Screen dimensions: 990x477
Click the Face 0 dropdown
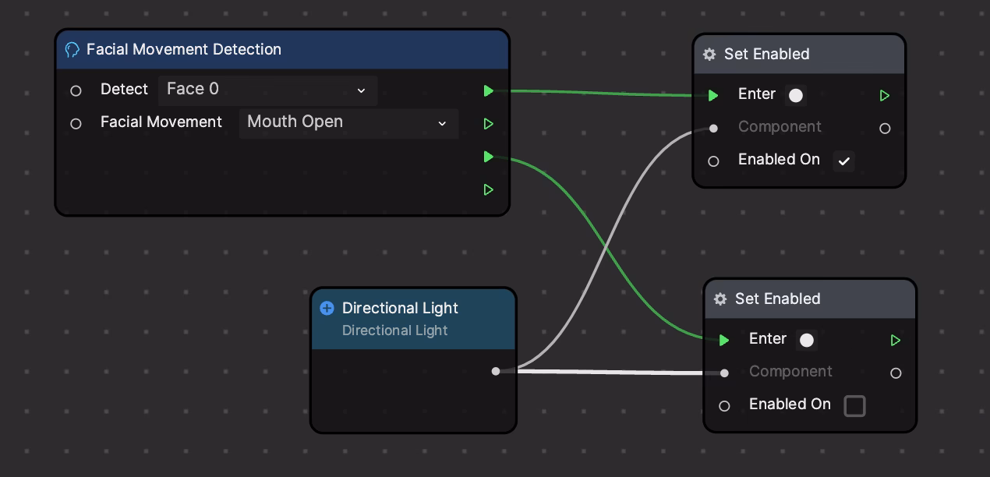267,90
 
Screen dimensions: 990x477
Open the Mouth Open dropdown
348,123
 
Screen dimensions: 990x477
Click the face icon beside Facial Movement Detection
72,50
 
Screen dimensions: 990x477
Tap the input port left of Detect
76,91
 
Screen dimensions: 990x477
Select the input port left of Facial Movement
76,124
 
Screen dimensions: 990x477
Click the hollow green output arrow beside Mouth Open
488,124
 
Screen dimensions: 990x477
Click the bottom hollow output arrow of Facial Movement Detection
488,189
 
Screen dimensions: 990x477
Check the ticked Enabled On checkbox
843,161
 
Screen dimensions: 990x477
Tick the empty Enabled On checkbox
854,406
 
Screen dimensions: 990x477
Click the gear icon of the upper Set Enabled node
709,55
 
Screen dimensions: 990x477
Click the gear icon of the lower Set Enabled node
720,299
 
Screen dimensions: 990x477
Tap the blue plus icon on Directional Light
327,308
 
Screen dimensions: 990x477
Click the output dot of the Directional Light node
496,371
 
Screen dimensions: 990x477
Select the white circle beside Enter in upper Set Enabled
796,96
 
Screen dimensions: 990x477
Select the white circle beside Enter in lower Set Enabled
807,341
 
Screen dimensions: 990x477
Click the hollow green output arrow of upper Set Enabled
884,96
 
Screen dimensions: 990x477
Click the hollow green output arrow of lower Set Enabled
896,341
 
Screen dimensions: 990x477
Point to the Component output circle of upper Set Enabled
885,128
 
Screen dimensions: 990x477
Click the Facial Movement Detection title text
184,50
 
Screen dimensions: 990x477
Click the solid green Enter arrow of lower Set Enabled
724,341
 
